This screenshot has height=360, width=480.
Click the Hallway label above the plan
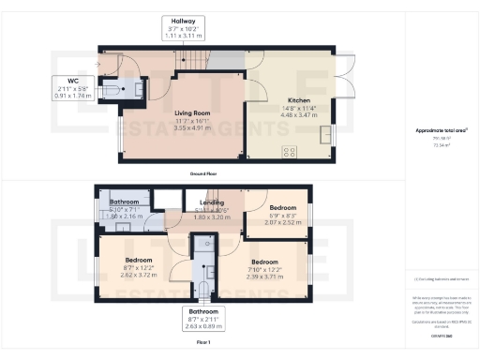click(177, 21)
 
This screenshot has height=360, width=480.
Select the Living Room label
click(191, 112)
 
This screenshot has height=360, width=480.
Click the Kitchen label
click(299, 99)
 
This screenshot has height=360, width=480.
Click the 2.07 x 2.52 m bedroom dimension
click(283, 223)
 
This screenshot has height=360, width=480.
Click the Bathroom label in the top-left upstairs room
click(125, 202)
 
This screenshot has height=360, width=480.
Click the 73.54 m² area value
click(441, 145)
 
